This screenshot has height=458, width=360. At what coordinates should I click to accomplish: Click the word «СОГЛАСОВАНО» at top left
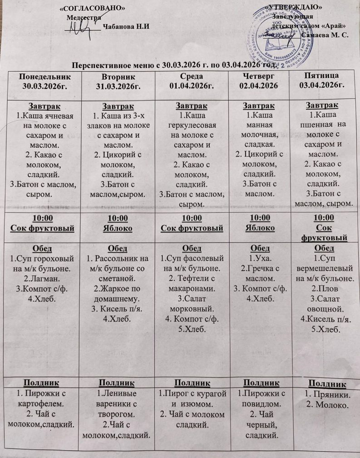(x=93, y=9)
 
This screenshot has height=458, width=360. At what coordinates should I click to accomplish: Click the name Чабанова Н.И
(x=126, y=26)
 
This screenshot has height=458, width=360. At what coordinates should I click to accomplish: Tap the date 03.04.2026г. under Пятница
(x=323, y=85)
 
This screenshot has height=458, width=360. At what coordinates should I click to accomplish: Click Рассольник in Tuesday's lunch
(x=115, y=258)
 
